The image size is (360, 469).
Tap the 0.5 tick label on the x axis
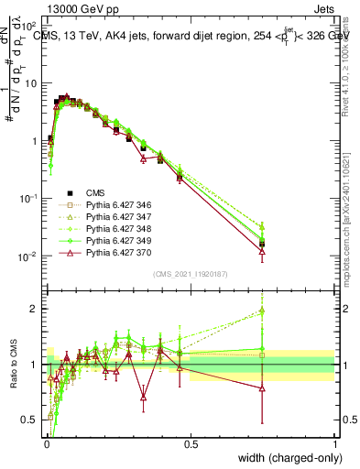[x=190, y=444]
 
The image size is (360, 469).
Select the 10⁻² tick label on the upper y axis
[x=28, y=256]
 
